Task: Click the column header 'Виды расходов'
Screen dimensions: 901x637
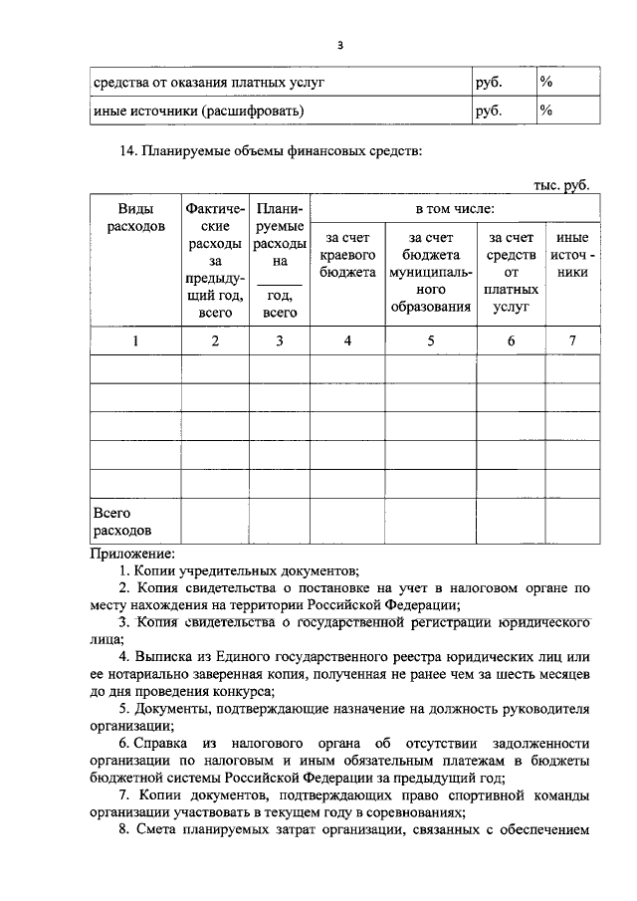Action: pyautogui.click(x=135, y=218)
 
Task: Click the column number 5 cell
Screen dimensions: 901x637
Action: pyautogui.click(x=431, y=340)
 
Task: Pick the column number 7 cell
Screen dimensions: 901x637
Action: pyautogui.click(x=572, y=340)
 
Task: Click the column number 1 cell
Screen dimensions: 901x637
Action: pyautogui.click(x=135, y=340)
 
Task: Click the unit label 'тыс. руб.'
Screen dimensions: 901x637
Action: pyautogui.click(x=561, y=184)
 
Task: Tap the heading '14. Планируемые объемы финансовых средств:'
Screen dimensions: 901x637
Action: pyautogui.click(x=271, y=152)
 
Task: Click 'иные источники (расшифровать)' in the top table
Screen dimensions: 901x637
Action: pyautogui.click(x=198, y=111)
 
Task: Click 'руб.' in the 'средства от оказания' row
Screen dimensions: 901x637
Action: pyautogui.click(x=489, y=81)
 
